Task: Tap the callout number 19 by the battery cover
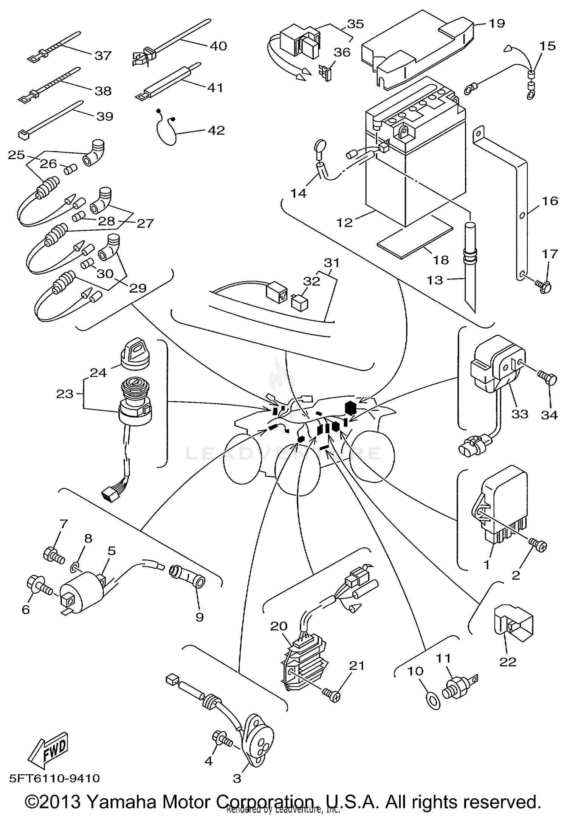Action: coord(497,23)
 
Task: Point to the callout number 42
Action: coord(216,130)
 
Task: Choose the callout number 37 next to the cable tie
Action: coord(103,56)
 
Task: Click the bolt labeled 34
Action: coord(548,378)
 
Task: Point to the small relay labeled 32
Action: coord(299,302)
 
